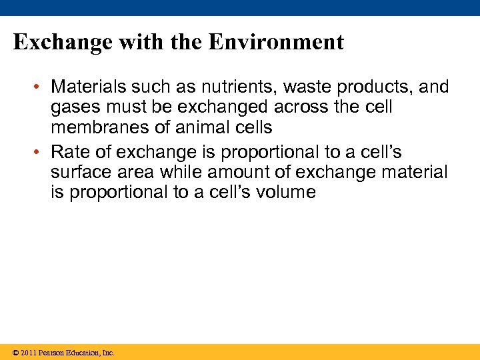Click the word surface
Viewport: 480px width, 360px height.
pos(78,173)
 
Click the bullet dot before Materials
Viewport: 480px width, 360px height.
pos(41,87)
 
